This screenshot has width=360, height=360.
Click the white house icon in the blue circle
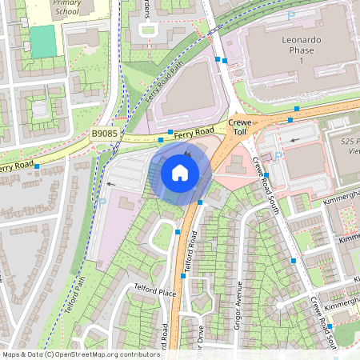[x=180, y=172]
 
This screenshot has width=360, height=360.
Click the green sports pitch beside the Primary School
[x=44, y=41]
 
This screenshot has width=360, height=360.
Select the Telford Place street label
[x=155, y=293]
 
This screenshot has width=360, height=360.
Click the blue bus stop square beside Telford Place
[x=183, y=276]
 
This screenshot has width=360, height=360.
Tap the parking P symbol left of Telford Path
[x=102, y=202]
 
